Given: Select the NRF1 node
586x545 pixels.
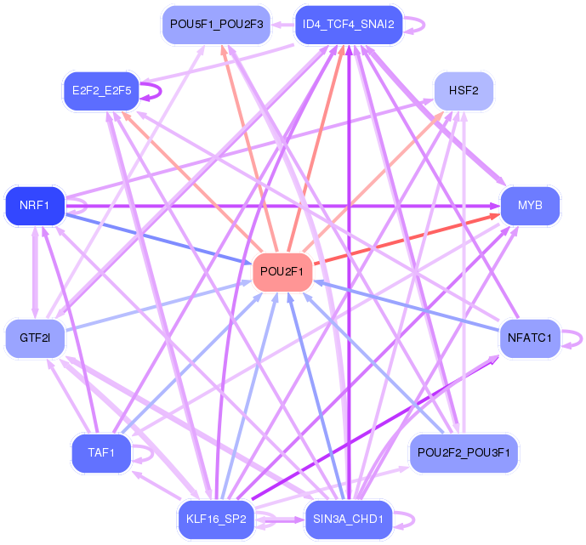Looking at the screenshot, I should coord(35,205).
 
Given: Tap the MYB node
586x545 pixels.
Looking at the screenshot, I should coord(530,205).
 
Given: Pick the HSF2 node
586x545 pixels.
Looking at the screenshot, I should coord(464,90).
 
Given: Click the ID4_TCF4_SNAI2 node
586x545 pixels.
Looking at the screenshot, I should coord(348,24).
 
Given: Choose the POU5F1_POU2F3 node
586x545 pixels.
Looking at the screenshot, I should coord(216,24).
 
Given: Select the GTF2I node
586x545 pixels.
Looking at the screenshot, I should coord(35,338).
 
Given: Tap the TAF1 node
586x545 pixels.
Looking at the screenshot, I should coord(101,452).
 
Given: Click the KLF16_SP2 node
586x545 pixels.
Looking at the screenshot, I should coord(216,519).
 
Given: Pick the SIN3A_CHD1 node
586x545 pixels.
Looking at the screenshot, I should coord(348,519).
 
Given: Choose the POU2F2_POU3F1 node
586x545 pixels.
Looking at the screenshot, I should coord(464,452).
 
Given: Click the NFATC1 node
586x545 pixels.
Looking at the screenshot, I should coord(530,338).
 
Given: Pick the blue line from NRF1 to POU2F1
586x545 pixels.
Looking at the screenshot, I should coord(162,239).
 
